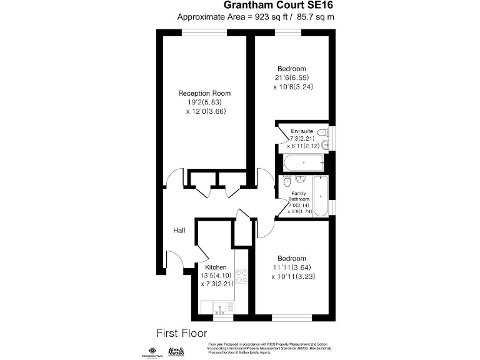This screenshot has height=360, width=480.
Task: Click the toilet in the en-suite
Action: [321, 132]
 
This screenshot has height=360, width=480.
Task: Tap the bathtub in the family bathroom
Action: [319, 196]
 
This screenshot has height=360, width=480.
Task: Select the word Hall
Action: [179, 231]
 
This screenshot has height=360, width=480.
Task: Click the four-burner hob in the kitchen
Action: [242, 277]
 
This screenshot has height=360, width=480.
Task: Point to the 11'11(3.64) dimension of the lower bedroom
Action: [292, 267]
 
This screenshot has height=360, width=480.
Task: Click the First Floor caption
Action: [181, 333]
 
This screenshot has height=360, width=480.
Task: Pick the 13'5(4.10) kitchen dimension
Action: [215, 276]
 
